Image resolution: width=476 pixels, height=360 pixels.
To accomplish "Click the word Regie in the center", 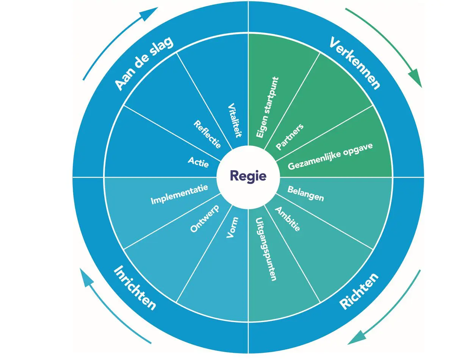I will (248, 176).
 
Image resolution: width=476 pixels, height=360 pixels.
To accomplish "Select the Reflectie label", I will (207, 134).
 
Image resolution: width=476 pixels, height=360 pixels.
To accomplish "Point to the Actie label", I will (198, 162).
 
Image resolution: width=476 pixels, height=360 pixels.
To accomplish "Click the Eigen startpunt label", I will (267, 107).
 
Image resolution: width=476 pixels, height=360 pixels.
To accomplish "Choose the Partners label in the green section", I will (290, 137).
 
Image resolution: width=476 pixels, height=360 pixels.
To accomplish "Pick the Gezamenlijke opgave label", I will (330, 156).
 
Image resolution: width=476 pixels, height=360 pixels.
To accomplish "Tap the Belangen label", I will (305, 193).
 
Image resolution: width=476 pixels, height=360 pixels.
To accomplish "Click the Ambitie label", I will (287, 219).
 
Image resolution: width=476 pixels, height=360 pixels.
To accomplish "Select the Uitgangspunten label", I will (265, 249).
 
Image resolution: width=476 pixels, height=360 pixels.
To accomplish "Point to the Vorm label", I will (232, 227).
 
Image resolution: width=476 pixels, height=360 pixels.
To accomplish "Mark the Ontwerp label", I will (205, 218).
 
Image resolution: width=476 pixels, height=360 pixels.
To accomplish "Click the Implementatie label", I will (179, 194).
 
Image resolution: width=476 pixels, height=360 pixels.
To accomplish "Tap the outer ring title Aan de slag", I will (144, 63).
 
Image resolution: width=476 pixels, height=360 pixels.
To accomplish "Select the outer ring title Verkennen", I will (354, 63).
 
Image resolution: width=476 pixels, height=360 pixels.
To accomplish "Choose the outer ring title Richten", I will (359, 291).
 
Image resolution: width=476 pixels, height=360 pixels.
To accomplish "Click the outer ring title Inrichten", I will (135, 288).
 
